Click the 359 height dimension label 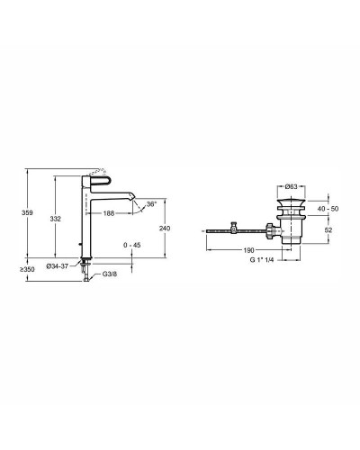coord(27,213)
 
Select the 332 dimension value coord(55,219)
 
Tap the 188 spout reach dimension coord(109,213)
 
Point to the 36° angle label coord(151,204)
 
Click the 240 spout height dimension coord(165,229)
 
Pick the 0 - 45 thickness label coord(132,245)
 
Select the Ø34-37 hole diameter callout coord(58,266)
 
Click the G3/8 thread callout coord(110,274)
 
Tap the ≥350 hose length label coord(27,269)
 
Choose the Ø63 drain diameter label coord(291,186)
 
